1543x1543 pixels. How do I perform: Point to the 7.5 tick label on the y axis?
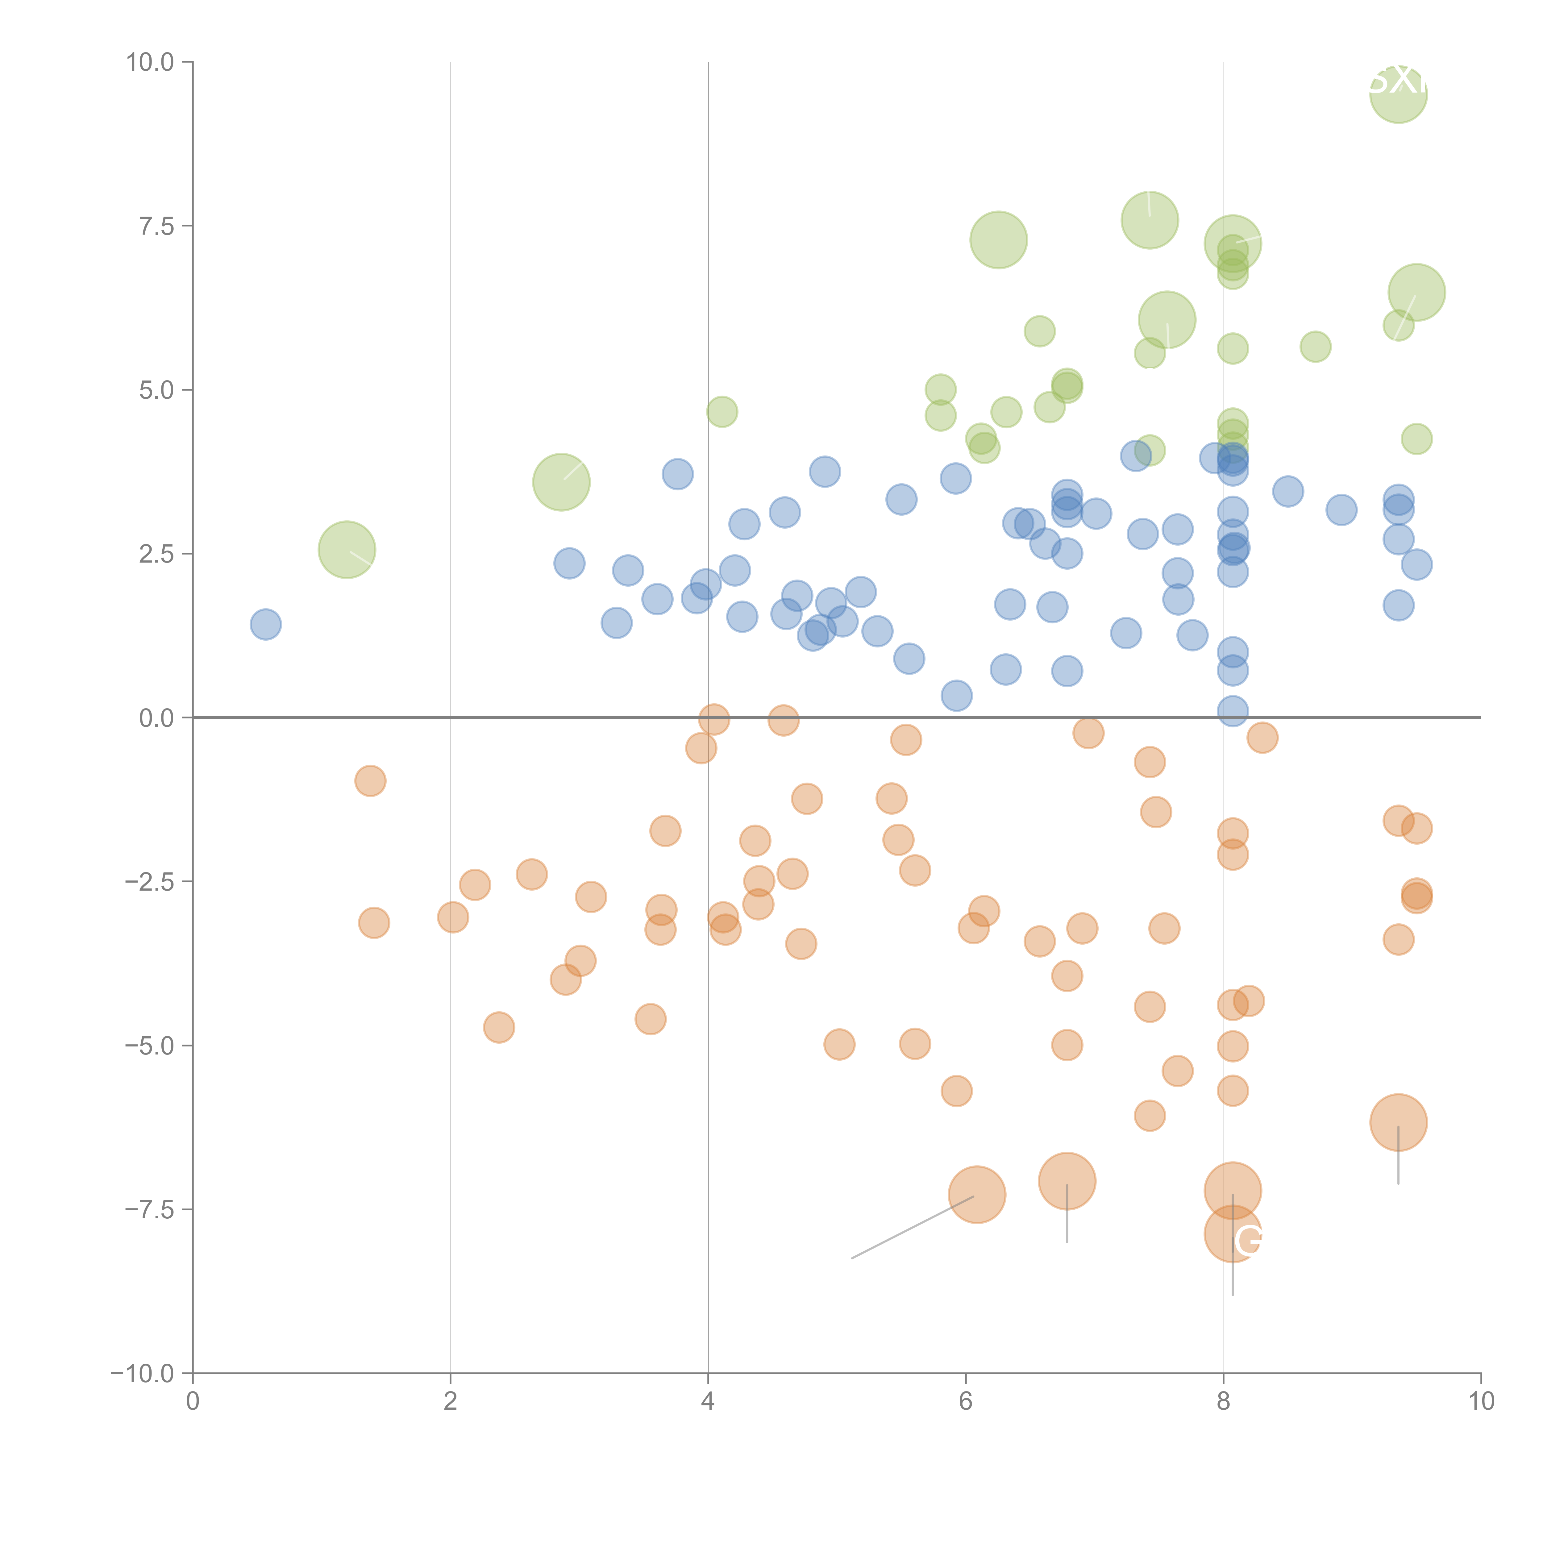156,226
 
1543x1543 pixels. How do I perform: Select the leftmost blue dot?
265,624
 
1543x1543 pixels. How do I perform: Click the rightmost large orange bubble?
1398,1122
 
